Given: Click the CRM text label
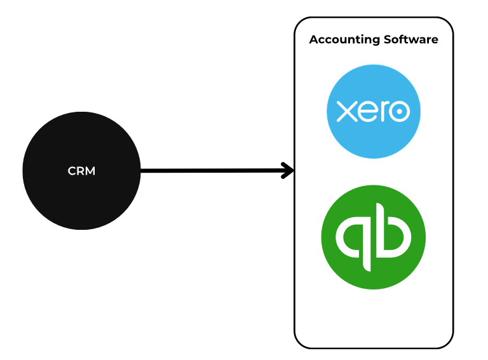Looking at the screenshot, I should (81, 171).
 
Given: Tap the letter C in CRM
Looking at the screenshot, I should (72, 171).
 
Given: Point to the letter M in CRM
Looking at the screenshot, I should (90, 171).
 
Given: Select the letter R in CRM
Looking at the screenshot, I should (81, 171).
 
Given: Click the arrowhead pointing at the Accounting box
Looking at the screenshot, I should (288, 170).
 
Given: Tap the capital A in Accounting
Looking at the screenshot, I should (314, 39).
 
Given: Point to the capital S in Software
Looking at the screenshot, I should (388, 39).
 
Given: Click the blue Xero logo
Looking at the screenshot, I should (374, 112).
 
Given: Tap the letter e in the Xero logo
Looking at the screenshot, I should (365, 112).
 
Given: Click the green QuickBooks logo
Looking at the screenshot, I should (373, 237).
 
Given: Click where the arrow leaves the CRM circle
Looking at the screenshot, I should (140, 170).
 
